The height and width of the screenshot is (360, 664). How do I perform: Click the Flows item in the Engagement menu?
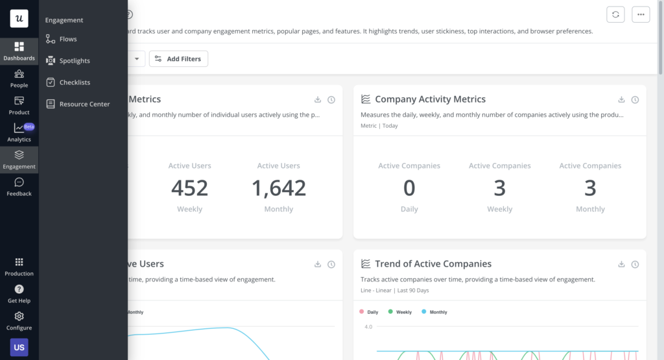click(67, 39)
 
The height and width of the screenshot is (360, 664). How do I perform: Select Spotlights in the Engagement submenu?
click(74, 60)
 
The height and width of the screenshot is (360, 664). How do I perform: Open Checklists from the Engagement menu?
click(74, 82)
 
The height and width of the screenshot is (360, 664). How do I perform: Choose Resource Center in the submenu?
click(84, 104)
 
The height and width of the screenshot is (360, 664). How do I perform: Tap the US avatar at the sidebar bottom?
click(19, 347)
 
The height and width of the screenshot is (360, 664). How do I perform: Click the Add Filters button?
click(178, 59)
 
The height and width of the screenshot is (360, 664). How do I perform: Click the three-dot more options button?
click(641, 14)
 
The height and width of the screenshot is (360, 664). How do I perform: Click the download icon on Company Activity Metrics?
click(621, 99)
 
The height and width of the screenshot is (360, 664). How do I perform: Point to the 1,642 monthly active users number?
click(279, 188)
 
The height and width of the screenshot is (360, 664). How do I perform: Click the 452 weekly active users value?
click(189, 188)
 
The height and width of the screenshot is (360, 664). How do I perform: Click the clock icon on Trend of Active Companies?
click(635, 264)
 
